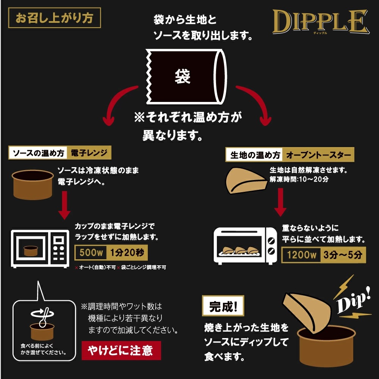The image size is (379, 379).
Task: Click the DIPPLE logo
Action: [320, 22]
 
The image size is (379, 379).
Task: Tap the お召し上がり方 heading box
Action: [54, 19]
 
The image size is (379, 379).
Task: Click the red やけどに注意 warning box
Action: [121, 350]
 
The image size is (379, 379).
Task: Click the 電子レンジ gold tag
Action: [89, 153]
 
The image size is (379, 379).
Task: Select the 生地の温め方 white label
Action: [255, 155]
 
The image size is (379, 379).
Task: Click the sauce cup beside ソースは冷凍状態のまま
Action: [31, 184]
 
